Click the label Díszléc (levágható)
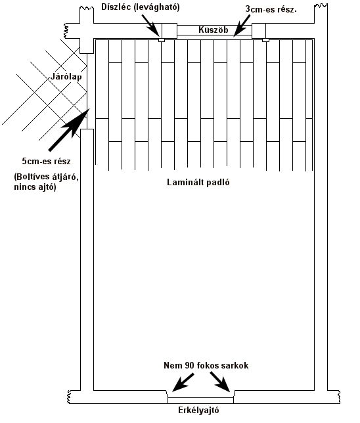point(141,7)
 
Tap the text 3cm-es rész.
point(271,9)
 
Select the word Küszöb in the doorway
point(214,30)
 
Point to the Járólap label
point(66,77)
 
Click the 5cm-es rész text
point(46,162)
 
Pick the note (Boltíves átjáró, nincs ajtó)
point(46,181)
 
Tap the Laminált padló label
point(198,182)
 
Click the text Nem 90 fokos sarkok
point(206,366)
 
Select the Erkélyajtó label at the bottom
point(198,411)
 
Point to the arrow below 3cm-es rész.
point(242,26)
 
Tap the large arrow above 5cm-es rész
point(69,129)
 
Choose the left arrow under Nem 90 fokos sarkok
point(183,382)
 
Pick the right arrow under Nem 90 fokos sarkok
point(220,382)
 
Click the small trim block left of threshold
point(162,40)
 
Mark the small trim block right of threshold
point(265,40)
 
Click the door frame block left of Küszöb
point(169,31)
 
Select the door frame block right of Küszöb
point(259,31)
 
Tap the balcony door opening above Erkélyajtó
point(200,401)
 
